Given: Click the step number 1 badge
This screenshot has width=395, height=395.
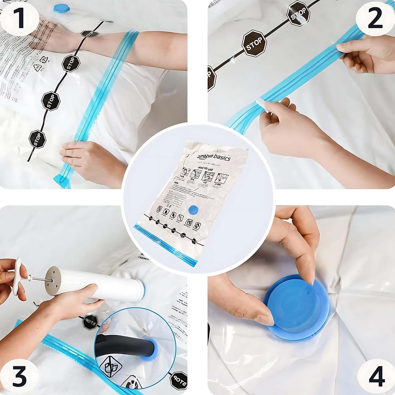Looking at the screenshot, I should [19, 19].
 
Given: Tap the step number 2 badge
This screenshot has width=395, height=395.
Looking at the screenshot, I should [375, 19].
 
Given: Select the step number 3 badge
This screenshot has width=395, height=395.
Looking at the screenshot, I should [19, 376].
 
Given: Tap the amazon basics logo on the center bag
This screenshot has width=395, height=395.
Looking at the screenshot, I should [214, 157].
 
